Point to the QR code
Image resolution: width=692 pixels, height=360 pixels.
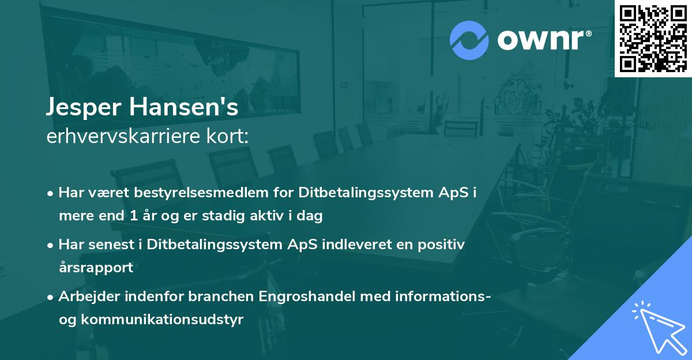(x=653, y=38)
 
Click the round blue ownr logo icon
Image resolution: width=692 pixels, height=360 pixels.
(x=469, y=39)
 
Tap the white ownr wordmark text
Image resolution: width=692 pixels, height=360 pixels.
(x=542, y=39)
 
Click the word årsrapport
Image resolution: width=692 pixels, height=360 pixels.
(x=96, y=268)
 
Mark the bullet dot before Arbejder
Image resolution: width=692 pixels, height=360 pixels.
(x=51, y=297)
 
